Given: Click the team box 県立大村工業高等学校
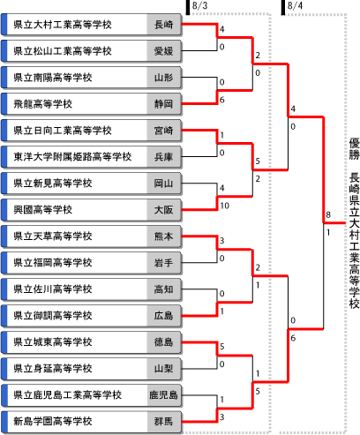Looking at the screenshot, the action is point(91,25).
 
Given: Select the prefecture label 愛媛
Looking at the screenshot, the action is point(163,51).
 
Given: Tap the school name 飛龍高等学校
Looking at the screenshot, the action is point(43,104).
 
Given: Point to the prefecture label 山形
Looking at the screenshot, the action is point(163,78).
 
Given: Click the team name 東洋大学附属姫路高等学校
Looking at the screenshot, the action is point(72,157).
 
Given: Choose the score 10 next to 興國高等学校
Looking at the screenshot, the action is point(225,206).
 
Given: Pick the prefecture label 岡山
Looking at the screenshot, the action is point(163,184).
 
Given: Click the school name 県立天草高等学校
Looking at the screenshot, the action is point(53,236).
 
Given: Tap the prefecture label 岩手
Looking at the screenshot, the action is point(163,263).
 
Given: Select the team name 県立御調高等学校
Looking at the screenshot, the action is point(53,316).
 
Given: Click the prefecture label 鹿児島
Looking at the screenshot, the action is point(163,395).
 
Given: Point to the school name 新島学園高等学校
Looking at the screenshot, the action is point(53,422).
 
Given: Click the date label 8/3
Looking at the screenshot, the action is point(199,5).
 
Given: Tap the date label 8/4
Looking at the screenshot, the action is point(295,5).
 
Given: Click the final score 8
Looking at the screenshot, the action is point(328,214).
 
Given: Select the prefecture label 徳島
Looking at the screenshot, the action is point(163,342).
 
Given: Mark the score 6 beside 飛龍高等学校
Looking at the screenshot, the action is point(222,100).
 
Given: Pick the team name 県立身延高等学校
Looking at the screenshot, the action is point(53,369).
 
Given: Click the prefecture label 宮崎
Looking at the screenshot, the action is point(163,131).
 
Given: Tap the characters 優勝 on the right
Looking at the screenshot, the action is point(355,149).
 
